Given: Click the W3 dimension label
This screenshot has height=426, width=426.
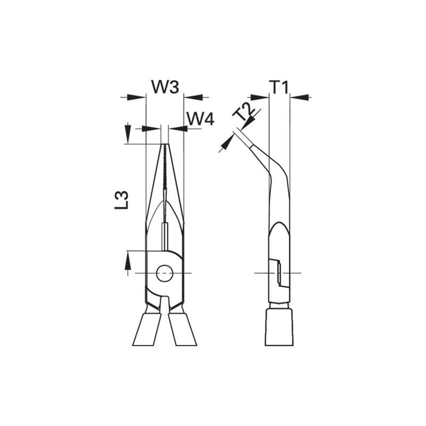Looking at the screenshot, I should (x=164, y=86).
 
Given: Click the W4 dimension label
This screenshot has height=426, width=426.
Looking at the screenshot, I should (x=200, y=119).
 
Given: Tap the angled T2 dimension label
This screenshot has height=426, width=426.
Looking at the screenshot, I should (x=243, y=113).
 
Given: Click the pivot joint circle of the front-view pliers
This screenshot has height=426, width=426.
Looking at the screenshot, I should (x=164, y=273).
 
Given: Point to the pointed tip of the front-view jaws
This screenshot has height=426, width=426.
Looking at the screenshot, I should (x=164, y=146).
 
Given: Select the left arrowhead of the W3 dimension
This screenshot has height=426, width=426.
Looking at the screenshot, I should (x=140, y=96).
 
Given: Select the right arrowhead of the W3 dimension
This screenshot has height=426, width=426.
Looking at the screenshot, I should (x=189, y=96).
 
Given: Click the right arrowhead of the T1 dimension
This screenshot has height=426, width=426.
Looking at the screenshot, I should (x=295, y=96).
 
